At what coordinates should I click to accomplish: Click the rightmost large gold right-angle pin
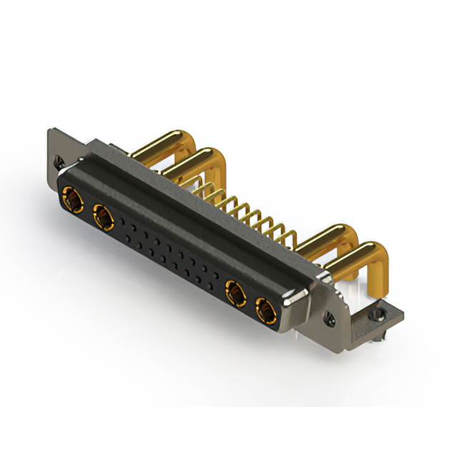361,257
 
